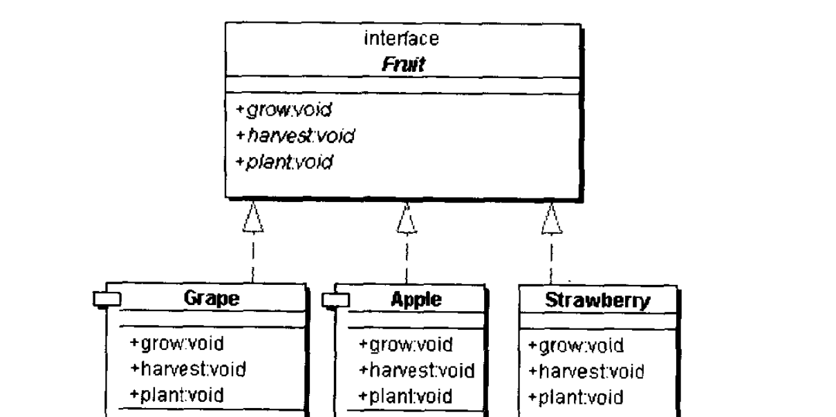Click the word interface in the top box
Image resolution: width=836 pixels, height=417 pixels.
(401, 39)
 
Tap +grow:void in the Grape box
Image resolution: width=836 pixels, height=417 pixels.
(176, 344)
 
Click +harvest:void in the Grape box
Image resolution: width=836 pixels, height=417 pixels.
(187, 369)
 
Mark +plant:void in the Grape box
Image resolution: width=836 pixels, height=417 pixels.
(176, 395)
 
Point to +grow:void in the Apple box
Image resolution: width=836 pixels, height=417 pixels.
(405, 344)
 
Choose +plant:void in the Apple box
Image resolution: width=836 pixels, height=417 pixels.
(405, 396)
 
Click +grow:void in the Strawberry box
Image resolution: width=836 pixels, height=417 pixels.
(575, 346)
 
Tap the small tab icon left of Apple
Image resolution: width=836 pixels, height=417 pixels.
(337, 299)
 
